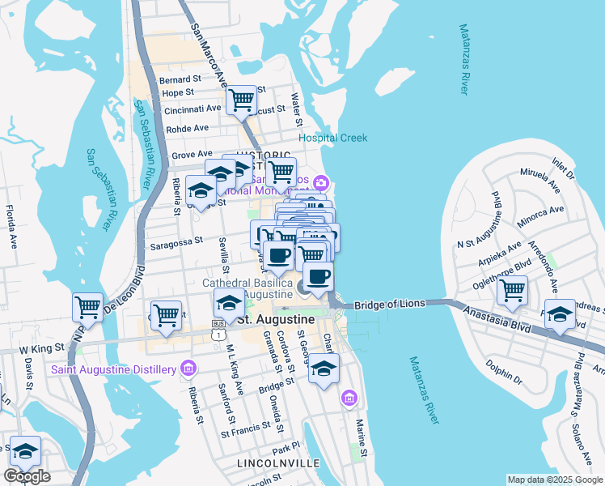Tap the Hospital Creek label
pos(332,138)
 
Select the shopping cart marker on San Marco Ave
pos(242,100)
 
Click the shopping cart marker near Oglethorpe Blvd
pos(512,290)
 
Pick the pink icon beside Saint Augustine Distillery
pos(188,369)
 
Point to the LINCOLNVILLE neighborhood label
pos(270,463)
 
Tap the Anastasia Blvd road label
pos(497,321)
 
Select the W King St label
pos(41,350)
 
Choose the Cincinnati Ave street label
pos(192,109)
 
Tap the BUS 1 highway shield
pos(218,333)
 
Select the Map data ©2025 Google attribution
pos(554,480)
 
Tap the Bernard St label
pos(180,79)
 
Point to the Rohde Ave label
pos(188,129)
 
